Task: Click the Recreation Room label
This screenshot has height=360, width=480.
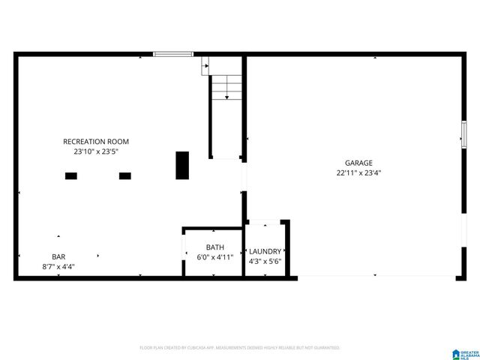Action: click(96, 141)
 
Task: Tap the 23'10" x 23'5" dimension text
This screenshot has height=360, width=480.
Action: click(96, 151)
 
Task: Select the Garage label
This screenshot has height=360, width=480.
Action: click(358, 163)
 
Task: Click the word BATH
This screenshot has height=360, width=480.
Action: click(215, 247)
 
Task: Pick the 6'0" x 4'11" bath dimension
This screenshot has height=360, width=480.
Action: click(215, 258)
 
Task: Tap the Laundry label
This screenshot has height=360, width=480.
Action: click(265, 251)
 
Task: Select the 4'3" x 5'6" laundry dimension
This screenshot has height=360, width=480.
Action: click(265, 262)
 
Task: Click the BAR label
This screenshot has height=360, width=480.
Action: click(58, 256)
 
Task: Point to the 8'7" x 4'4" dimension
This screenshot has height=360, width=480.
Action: click(58, 266)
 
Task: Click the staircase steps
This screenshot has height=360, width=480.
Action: click(226, 88)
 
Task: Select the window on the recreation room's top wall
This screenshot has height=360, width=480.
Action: click(173, 54)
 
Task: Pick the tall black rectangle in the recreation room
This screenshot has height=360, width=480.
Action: click(182, 165)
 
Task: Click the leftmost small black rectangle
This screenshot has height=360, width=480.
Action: click(70, 175)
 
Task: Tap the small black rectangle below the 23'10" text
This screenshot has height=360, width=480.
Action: click(124, 175)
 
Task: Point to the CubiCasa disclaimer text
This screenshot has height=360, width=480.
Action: click(240, 348)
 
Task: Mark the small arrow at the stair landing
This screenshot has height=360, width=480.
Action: click(205, 68)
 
